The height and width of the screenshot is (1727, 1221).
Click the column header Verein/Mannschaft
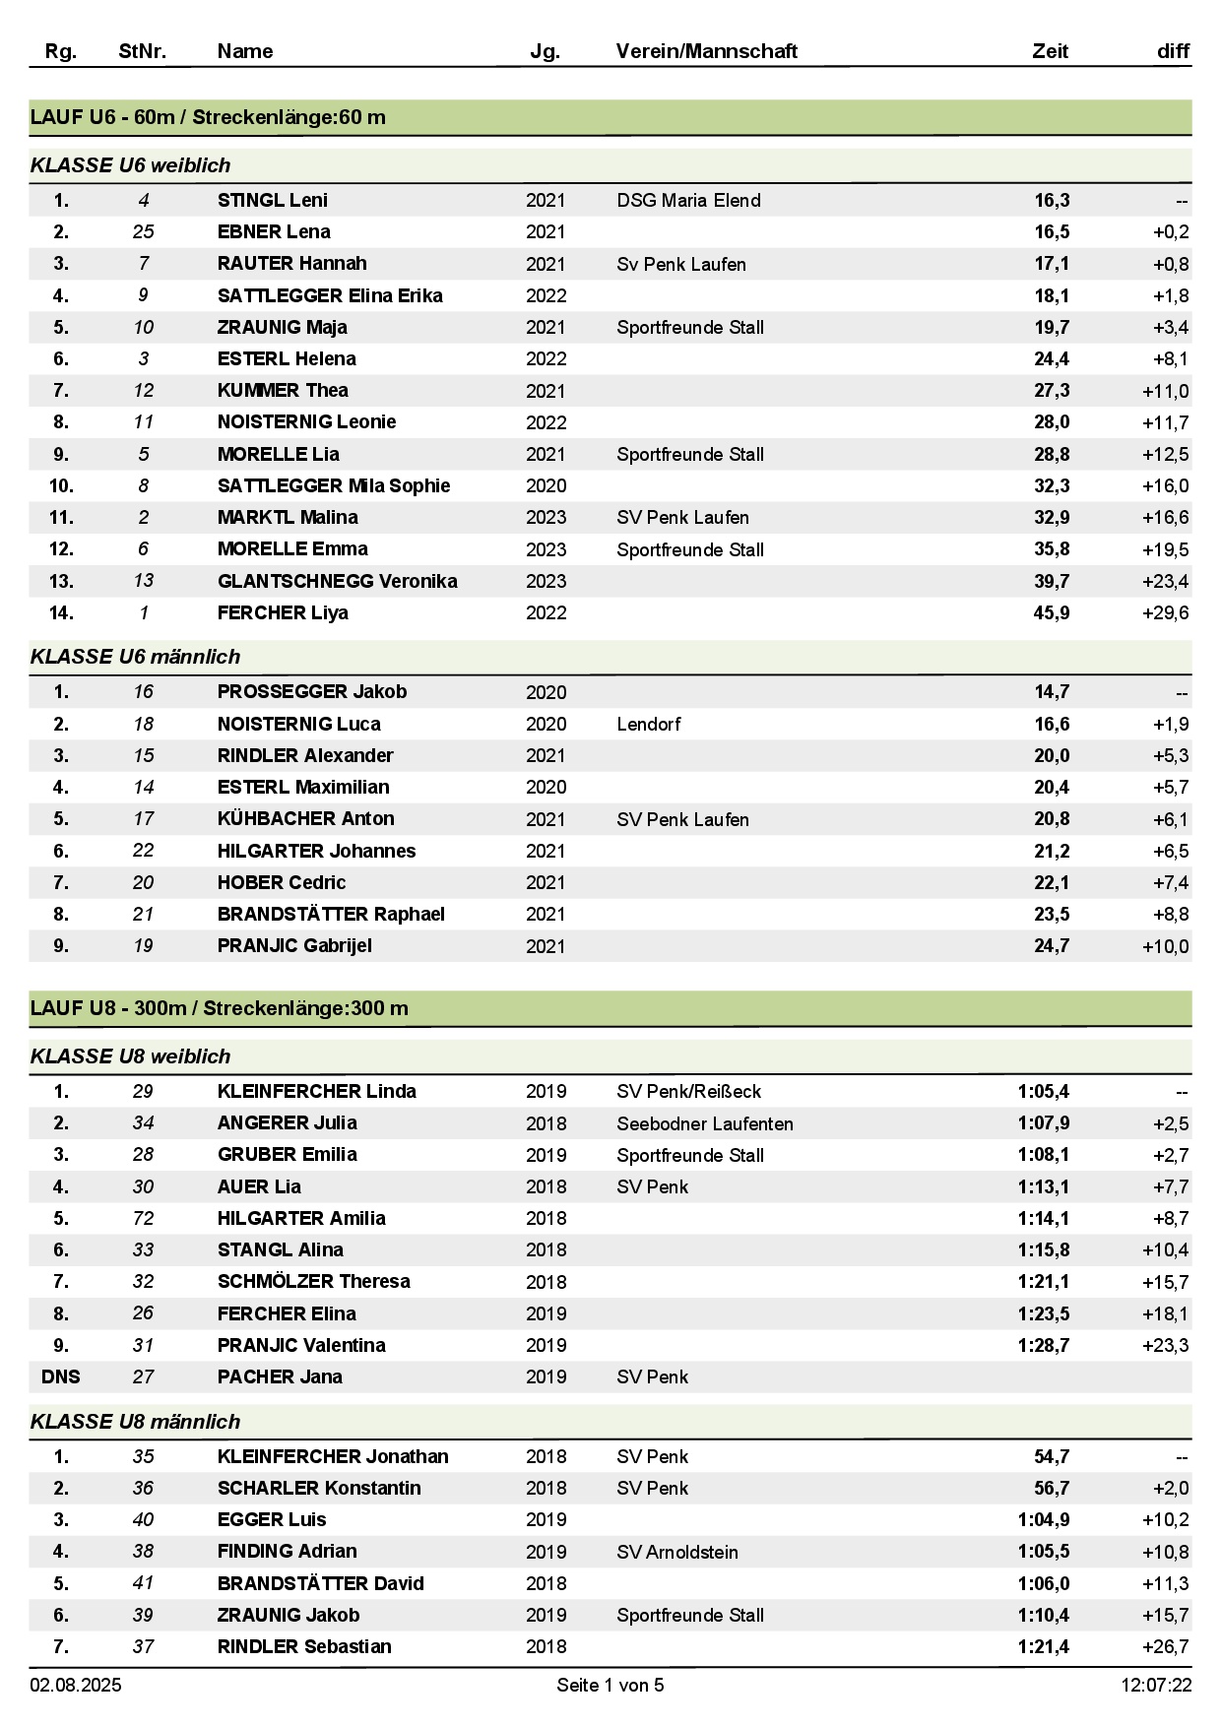click(706, 51)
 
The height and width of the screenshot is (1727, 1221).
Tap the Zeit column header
click(1050, 51)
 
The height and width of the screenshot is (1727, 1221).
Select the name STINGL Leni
click(273, 200)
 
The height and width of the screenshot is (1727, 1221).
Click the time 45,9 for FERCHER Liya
click(1052, 612)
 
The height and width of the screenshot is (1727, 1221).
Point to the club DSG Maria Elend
click(688, 201)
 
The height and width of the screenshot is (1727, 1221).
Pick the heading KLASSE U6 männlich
click(135, 657)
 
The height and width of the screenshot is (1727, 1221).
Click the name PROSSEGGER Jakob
click(312, 691)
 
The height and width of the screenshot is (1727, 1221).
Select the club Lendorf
click(649, 724)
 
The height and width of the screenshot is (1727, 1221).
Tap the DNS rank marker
click(61, 1376)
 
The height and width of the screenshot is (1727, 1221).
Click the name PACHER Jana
click(280, 1376)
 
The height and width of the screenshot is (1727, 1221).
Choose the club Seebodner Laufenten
click(705, 1123)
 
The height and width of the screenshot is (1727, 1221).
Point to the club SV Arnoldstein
click(677, 1552)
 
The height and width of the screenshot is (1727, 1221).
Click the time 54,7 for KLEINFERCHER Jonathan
click(1052, 1456)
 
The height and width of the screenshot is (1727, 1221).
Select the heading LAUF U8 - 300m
click(219, 1008)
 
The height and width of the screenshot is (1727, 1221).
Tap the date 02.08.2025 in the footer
click(76, 1685)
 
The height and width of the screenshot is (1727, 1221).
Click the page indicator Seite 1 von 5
click(610, 1685)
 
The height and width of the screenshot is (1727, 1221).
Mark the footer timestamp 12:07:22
click(1156, 1685)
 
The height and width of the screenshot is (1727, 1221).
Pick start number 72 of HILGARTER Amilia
click(144, 1218)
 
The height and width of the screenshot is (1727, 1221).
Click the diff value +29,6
click(1166, 612)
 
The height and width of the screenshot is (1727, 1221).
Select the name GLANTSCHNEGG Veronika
click(337, 581)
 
